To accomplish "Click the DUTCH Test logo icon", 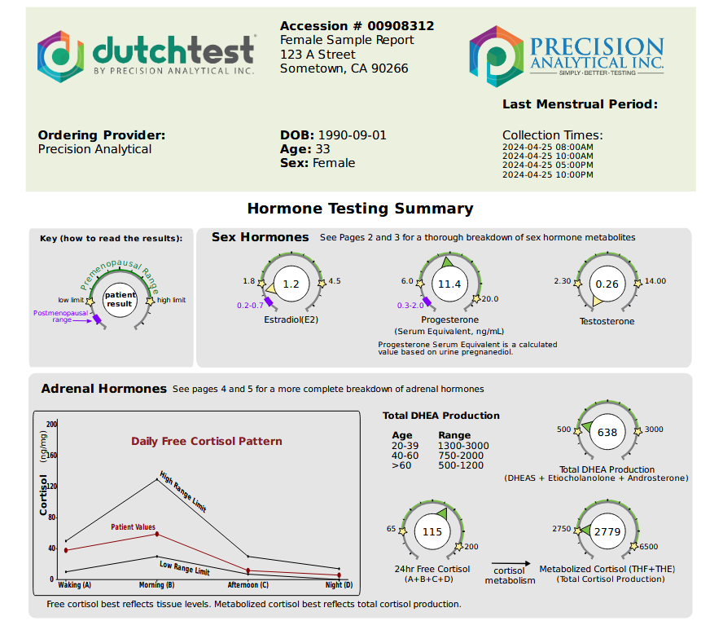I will pos(61,56).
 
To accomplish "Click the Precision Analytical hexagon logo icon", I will pos(495,55).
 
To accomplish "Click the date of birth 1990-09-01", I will pos(352,135).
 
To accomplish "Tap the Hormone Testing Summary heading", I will pos(360,209).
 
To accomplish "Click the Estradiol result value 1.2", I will pos(291,284).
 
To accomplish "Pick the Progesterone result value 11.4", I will pos(449,284).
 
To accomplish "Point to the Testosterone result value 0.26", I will pos(607,284).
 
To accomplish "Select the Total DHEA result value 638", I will pos(607,433).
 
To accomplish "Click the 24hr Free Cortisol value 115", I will pos(432,532).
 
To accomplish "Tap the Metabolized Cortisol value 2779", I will pos(607,532).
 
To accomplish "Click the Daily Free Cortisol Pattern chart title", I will pos(207,441).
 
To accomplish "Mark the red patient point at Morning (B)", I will pos(157,534).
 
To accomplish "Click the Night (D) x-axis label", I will pos(339,585).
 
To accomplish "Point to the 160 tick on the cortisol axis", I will pos(52,456).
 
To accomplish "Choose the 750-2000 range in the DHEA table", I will pos(461,456).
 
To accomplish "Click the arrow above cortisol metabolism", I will pos(510,564).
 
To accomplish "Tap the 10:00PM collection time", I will pos(547,174).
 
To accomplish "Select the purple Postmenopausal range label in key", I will pos(59,316).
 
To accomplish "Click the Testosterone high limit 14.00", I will pos(655,281).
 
